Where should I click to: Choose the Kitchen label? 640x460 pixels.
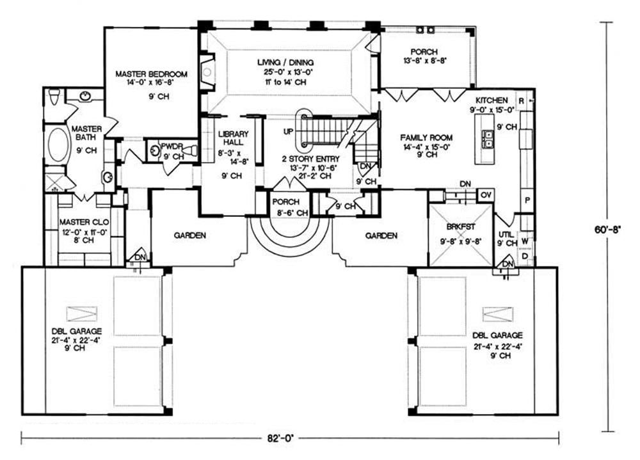pos(492,100)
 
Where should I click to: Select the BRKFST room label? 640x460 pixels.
pos(460,225)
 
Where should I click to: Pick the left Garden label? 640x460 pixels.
pos(190,235)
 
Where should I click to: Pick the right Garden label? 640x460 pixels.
pos(381,235)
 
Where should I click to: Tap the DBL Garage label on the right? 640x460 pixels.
pos(498,335)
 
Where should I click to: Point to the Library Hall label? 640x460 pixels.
pos(228,138)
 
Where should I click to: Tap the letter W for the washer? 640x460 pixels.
pos(524,241)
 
